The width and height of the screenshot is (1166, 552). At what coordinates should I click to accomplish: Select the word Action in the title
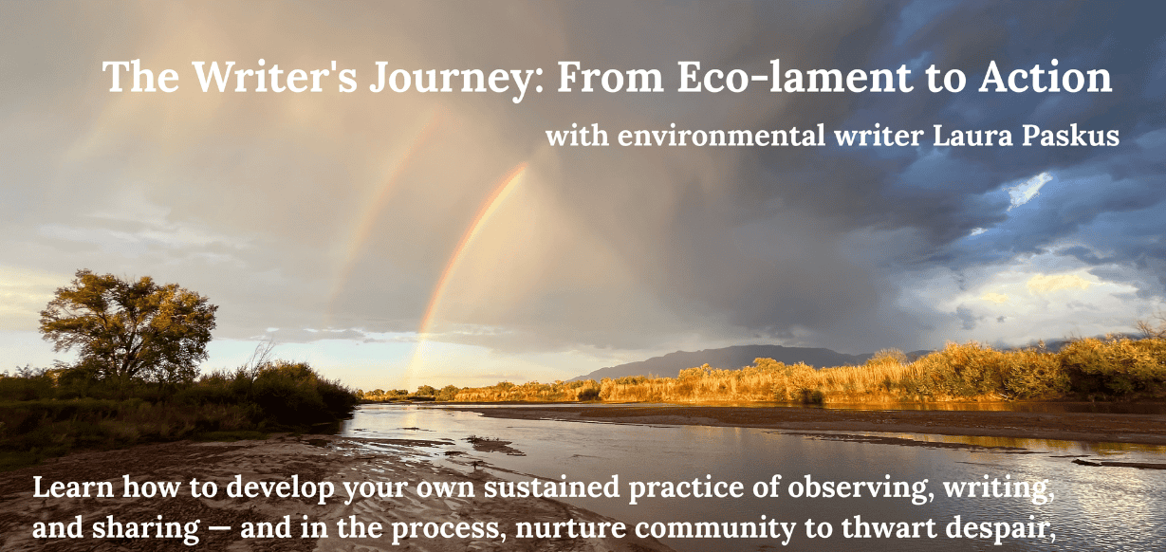(x=1045, y=77)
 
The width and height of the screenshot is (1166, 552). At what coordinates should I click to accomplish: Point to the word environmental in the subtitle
(x=721, y=136)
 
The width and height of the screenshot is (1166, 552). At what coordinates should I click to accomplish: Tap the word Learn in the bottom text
(x=73, y=488)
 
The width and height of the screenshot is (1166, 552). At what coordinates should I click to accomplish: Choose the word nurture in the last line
(x=570, y=528)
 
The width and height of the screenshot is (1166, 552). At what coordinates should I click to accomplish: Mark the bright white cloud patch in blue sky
(x=1028, y=189)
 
